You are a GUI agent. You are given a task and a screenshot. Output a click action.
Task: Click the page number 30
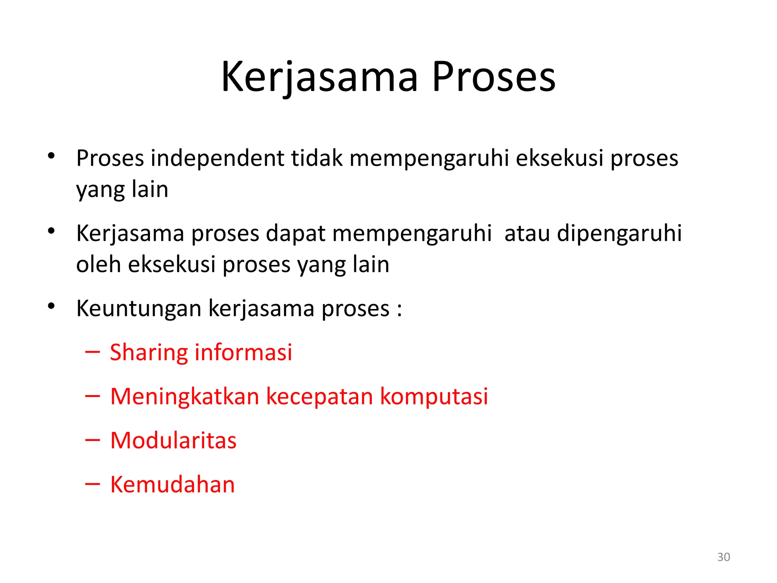(x=724, y=557)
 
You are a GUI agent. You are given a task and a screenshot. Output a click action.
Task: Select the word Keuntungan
(x=138, y=309)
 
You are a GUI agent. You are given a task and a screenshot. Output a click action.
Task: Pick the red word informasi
(x=243, y=352)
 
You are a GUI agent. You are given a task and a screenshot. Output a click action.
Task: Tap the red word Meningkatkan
(x=185, y=397)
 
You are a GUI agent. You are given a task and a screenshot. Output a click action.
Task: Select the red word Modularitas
(x=173, y=441)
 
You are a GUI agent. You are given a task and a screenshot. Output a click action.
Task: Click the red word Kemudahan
(x=173, y=485)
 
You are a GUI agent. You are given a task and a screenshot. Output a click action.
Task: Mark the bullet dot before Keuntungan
(x=52, y=306)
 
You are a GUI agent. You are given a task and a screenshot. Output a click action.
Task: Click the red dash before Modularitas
(x=93, y=440)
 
